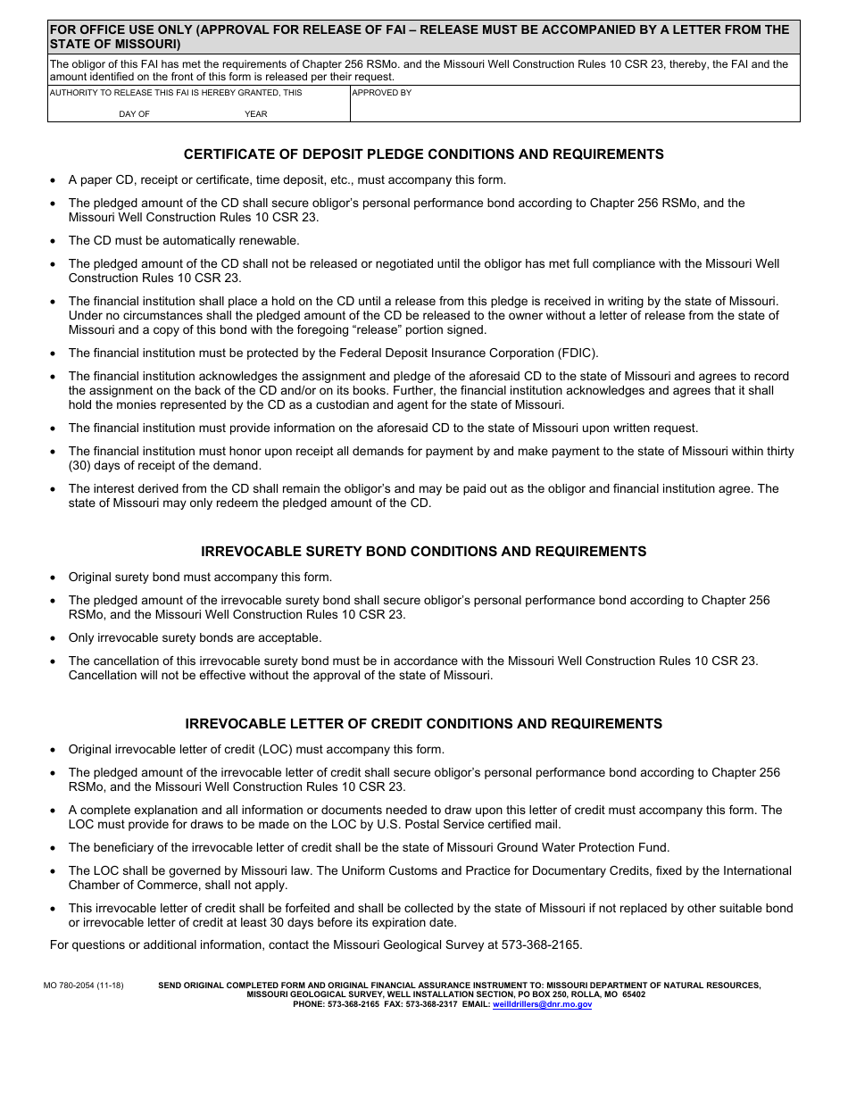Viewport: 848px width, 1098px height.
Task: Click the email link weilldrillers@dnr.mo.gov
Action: point(542,1004)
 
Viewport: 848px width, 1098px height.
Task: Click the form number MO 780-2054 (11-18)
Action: point(83,986)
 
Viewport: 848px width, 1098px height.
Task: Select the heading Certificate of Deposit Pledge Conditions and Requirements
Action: point(423,154)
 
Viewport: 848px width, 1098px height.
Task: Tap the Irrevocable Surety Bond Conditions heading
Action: point(423,552)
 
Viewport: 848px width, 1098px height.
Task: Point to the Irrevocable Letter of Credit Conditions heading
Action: point(423,724)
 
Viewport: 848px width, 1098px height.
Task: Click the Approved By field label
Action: point(382,93)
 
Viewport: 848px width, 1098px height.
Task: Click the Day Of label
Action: point(134,114)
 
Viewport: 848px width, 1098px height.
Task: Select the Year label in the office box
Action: point(256,114)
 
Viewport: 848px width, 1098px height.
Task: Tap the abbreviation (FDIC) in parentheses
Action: point(580,354)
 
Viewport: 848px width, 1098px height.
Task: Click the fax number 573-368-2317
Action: point(431,1004)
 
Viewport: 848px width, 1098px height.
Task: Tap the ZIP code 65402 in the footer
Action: point(633,994)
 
